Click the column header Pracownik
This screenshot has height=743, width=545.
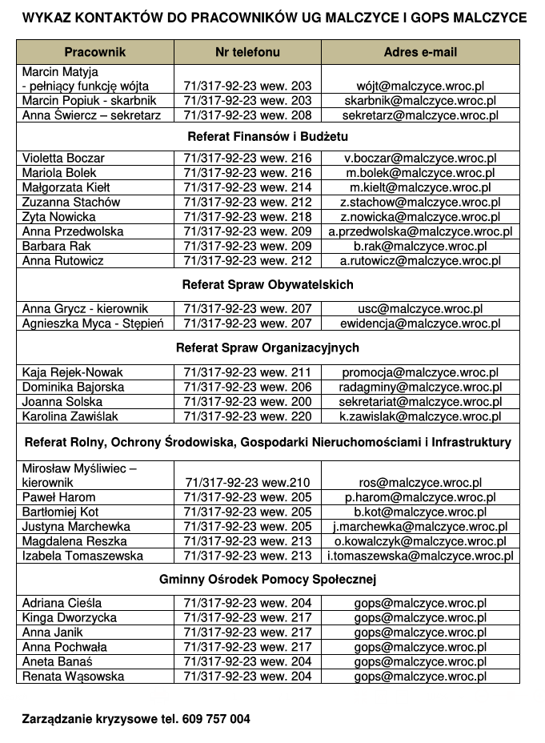(95, 52)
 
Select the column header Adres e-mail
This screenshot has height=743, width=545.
(420, 52)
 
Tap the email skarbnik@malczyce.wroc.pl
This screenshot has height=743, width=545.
(420, 101)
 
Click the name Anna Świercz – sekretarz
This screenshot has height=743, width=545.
(91, 115)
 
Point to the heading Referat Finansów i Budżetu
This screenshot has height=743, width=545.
(267, 135)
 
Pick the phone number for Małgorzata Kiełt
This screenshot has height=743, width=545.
(247, 187)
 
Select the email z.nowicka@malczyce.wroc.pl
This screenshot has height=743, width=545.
(420, 217)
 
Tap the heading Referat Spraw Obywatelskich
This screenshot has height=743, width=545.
(267, 284)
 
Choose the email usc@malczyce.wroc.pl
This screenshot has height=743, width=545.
(420, 309)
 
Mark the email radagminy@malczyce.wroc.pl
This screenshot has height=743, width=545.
(420, 388)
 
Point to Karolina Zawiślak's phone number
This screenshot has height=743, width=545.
(247, 416)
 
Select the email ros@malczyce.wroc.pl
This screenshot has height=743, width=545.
(420, 483)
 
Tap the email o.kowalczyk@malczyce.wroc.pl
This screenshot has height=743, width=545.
(420, 541)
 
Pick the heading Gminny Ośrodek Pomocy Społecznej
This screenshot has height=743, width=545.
(267, 579)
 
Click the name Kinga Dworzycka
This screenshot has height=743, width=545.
(70, 617)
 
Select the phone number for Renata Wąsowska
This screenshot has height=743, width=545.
(247, 676)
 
